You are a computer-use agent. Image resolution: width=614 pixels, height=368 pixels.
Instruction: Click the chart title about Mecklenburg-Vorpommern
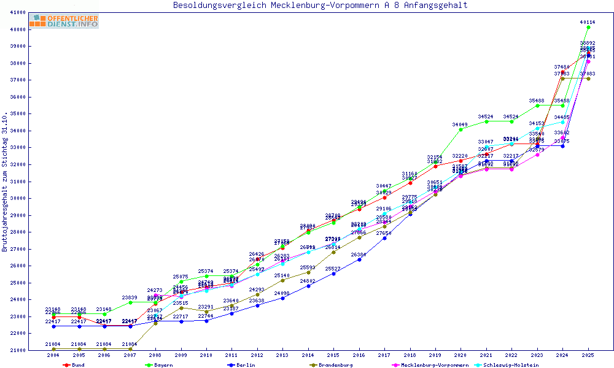point(320,6)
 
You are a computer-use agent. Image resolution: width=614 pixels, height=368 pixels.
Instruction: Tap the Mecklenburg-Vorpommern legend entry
point(430,365)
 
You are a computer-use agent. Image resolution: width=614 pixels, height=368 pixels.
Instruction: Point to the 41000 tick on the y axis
point(34,12)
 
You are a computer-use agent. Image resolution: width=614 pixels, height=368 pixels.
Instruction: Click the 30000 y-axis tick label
point(34,198)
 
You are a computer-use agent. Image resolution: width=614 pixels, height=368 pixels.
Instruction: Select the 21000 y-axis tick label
point(34,350)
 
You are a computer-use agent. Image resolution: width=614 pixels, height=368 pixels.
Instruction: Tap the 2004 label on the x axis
point(53,355)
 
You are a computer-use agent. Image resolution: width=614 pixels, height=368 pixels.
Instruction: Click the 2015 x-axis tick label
point(333,355)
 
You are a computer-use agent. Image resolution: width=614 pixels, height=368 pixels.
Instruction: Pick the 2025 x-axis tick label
point(588,355)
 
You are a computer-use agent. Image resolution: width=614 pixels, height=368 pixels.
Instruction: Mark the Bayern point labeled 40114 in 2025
point(588,27)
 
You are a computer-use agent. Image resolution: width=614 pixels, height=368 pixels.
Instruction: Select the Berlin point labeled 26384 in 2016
point(359,259)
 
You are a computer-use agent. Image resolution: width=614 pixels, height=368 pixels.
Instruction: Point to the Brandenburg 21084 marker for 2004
point(53,349)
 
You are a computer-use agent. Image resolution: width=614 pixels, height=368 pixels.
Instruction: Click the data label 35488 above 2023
point(537,101)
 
